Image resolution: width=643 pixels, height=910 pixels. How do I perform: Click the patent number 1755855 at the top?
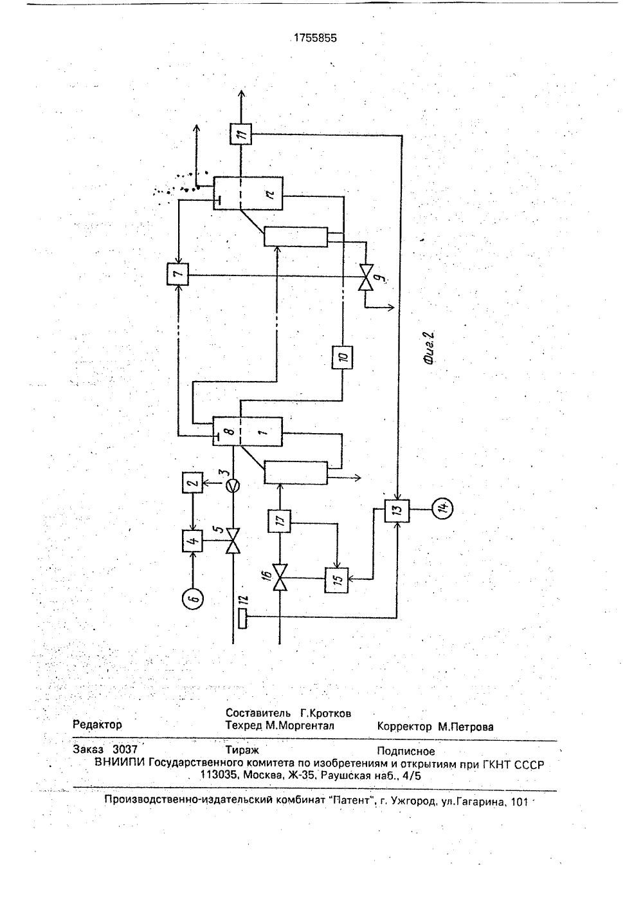pos(315,38)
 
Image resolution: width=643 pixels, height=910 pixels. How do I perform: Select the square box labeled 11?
pos(240,134)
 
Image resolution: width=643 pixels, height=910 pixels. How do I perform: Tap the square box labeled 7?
pos(178,274)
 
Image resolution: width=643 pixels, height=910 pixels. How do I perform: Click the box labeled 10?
pos(342,357)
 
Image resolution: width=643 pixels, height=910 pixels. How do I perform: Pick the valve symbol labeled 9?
pos(365,277)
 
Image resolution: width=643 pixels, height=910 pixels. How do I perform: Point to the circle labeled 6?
pos(193,598)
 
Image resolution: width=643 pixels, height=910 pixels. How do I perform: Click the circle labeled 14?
pos(443,508)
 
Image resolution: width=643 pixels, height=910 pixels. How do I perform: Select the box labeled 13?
pos(397,510)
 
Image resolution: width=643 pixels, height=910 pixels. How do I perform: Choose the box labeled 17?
pos(280,521)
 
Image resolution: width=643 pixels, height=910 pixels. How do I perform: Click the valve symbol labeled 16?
pos(280,577)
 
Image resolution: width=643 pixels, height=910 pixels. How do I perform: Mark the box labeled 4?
pos(192,541)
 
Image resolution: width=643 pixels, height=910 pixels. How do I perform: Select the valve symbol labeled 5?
pos(233,541)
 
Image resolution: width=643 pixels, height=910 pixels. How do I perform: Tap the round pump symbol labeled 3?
pos(233,486)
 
